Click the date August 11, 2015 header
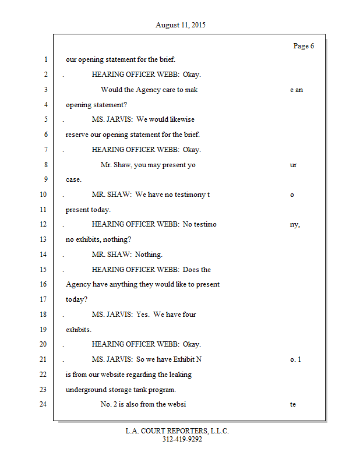[x=180, y=25]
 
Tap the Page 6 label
[x=303, y=46]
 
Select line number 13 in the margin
[x=44, y=239]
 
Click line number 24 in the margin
[x=44, y=404]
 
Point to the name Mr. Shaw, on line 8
[x=115, y=165]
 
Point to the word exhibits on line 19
[x=79, y=330]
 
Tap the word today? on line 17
[x=76, y=299]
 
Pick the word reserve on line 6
[x=76, y=135]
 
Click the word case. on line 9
[x=73, y=179]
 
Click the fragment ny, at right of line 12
[x=295, y=224]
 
